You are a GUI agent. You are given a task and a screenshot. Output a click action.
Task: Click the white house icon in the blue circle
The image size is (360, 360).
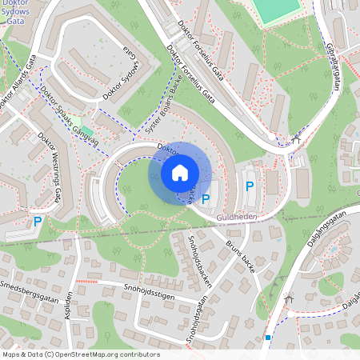(180, 172)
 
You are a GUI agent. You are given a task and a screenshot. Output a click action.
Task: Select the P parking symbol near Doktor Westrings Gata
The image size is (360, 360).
(37, 222)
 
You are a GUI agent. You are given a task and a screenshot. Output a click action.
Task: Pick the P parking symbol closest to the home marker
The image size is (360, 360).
(206, 198)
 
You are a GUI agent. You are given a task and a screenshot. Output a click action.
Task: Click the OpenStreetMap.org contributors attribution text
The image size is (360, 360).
(103, 354)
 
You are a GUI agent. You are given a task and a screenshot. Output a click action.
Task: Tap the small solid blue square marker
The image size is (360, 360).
(268, 338)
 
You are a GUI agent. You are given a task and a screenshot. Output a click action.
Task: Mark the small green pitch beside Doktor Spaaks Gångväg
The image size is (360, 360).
(86, 130)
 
